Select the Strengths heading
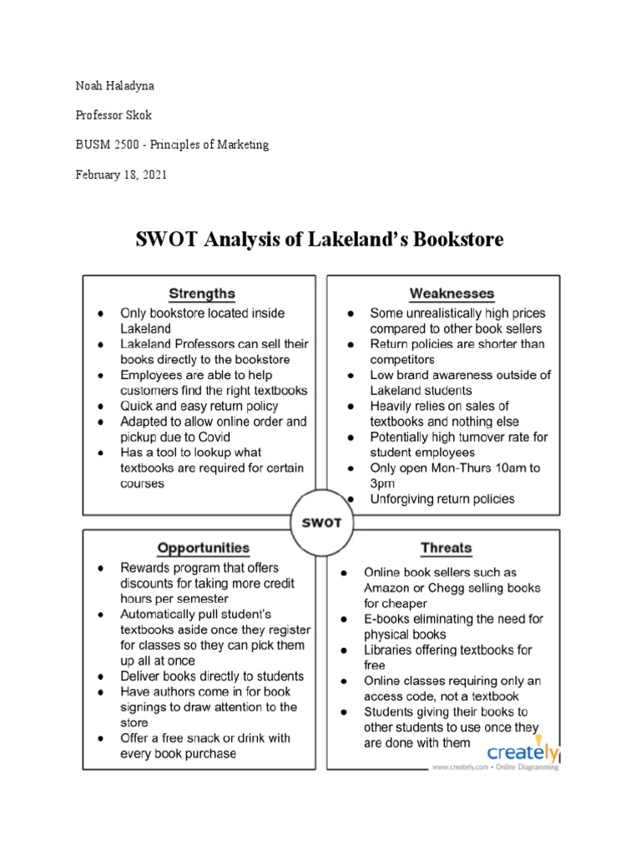point(201,293)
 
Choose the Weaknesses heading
point(452,293)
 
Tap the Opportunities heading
point(203,548)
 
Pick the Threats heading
point(447,548)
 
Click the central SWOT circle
point(321,524)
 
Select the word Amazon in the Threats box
point(386,588)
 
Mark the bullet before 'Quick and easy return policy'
point(99,406)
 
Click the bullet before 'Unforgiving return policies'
point(351,499)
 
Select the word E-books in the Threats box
point(387,619)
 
